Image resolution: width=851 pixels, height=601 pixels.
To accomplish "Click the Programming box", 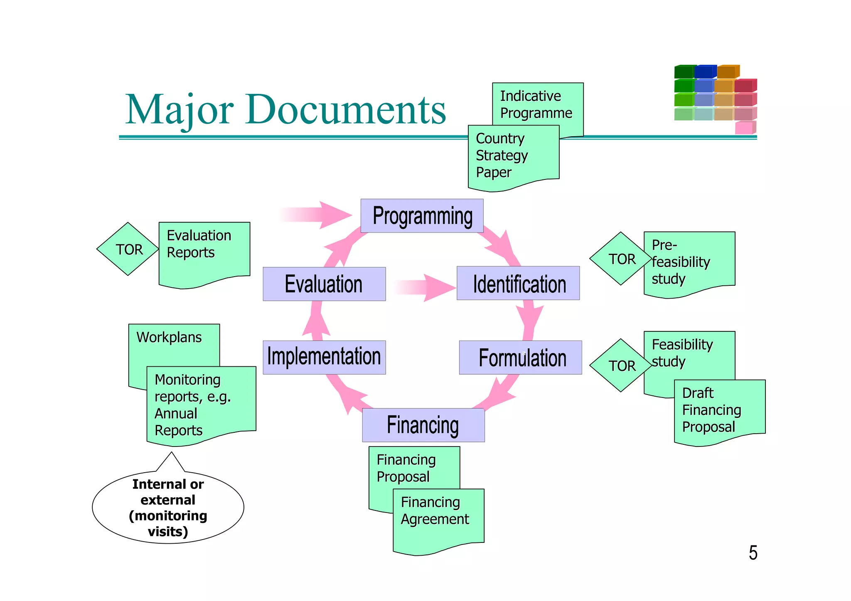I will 422,216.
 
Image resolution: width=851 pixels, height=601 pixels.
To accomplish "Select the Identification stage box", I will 518,283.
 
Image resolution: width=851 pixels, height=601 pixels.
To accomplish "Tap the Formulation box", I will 520,358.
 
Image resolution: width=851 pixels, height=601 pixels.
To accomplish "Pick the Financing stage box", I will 423,425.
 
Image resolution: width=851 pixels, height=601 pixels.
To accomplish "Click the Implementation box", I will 324,357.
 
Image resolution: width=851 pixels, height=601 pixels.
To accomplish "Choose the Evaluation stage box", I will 324,284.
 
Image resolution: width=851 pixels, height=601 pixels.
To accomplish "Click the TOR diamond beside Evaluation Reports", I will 128,249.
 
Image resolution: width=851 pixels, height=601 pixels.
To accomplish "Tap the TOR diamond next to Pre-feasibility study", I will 621,259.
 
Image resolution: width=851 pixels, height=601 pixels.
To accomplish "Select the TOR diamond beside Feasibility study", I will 621,366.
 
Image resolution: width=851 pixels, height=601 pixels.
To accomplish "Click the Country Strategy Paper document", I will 513,156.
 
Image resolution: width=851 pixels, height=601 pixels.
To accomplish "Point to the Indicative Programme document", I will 537,104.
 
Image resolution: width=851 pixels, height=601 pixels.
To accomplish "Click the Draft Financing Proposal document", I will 719,411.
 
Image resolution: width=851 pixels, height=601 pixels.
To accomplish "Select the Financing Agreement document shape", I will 438,519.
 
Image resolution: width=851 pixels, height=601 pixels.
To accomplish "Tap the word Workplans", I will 169,337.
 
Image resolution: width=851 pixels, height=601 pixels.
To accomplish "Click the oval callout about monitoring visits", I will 168,508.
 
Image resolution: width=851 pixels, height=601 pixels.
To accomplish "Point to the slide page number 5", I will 753,553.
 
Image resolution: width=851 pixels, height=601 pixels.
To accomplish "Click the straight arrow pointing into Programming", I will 318,215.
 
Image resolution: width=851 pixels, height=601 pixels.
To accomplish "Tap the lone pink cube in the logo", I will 744,128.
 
